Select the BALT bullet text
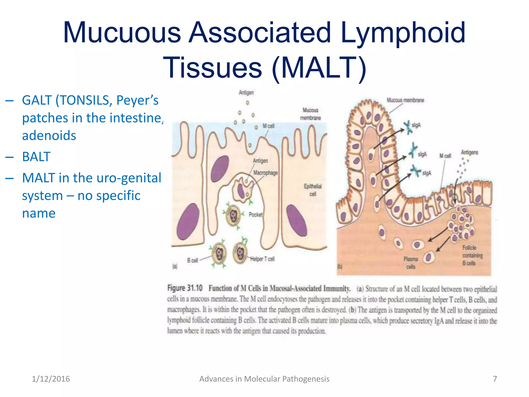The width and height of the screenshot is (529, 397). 36,157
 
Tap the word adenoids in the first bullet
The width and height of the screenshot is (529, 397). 49,135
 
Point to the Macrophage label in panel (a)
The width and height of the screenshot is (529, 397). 266,173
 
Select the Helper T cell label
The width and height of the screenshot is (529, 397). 262,259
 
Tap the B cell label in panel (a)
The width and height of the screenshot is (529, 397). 192,260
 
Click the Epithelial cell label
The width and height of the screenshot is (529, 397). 313,190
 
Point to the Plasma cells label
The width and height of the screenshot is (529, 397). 411,263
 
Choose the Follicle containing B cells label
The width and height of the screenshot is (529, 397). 472,255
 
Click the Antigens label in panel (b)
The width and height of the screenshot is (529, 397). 470,152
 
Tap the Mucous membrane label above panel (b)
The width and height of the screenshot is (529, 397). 405,100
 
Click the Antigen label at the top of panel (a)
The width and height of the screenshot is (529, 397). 246,92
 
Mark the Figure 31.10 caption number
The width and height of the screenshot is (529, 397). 185,288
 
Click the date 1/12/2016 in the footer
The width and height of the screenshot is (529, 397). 51,379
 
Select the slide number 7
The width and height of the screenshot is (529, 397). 495,379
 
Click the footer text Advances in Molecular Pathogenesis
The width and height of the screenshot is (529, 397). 264,379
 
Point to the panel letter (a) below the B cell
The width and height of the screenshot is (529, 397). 175,266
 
